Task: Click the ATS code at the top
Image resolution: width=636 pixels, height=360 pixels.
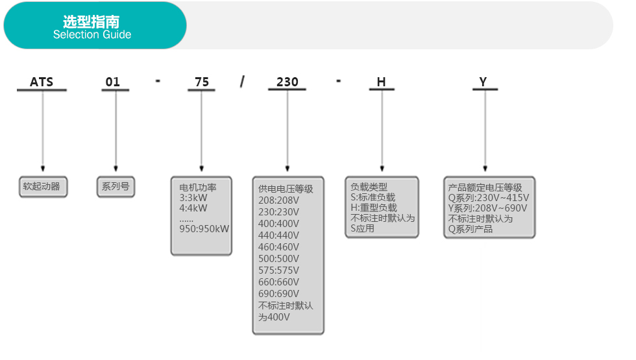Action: [x=42, y=82]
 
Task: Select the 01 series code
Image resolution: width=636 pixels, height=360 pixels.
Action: [x=113, y=82]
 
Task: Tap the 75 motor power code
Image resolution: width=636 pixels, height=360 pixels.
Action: [x=202, y=82]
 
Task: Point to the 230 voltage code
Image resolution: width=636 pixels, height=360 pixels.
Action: [x=287, y=82]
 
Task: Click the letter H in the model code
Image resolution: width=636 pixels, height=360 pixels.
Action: [x=382, y=82]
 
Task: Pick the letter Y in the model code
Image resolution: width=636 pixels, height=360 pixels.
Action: [x=483, y=82]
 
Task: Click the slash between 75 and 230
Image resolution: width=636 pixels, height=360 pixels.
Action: [x=242, y=82]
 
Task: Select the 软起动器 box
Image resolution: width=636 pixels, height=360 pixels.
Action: [x=43, y=187]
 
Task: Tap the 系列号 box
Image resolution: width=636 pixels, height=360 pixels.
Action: [x=116, y=187]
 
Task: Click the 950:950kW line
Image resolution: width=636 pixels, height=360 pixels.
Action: [x=204, y=229]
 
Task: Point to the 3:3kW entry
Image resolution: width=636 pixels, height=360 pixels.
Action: [x=193, y=198]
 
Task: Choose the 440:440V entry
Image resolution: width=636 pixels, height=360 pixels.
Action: [x=278, y=235]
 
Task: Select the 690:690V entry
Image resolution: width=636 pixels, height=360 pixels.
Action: [x=278, y=293]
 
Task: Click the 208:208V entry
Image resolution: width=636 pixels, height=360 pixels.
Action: [x=278, y=200]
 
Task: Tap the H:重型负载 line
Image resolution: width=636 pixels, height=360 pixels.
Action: [x=374, y=208]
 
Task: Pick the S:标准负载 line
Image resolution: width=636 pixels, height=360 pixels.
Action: [x=373, y=197]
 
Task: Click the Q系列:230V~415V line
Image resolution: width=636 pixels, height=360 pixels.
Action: [x=488, y=198]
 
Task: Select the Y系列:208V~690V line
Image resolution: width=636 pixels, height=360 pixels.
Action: [x=487, y=208]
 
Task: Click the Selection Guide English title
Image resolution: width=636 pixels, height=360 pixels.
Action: [x=92, y=35]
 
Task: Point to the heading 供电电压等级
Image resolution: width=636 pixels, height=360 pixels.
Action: [x=286, y=189]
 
